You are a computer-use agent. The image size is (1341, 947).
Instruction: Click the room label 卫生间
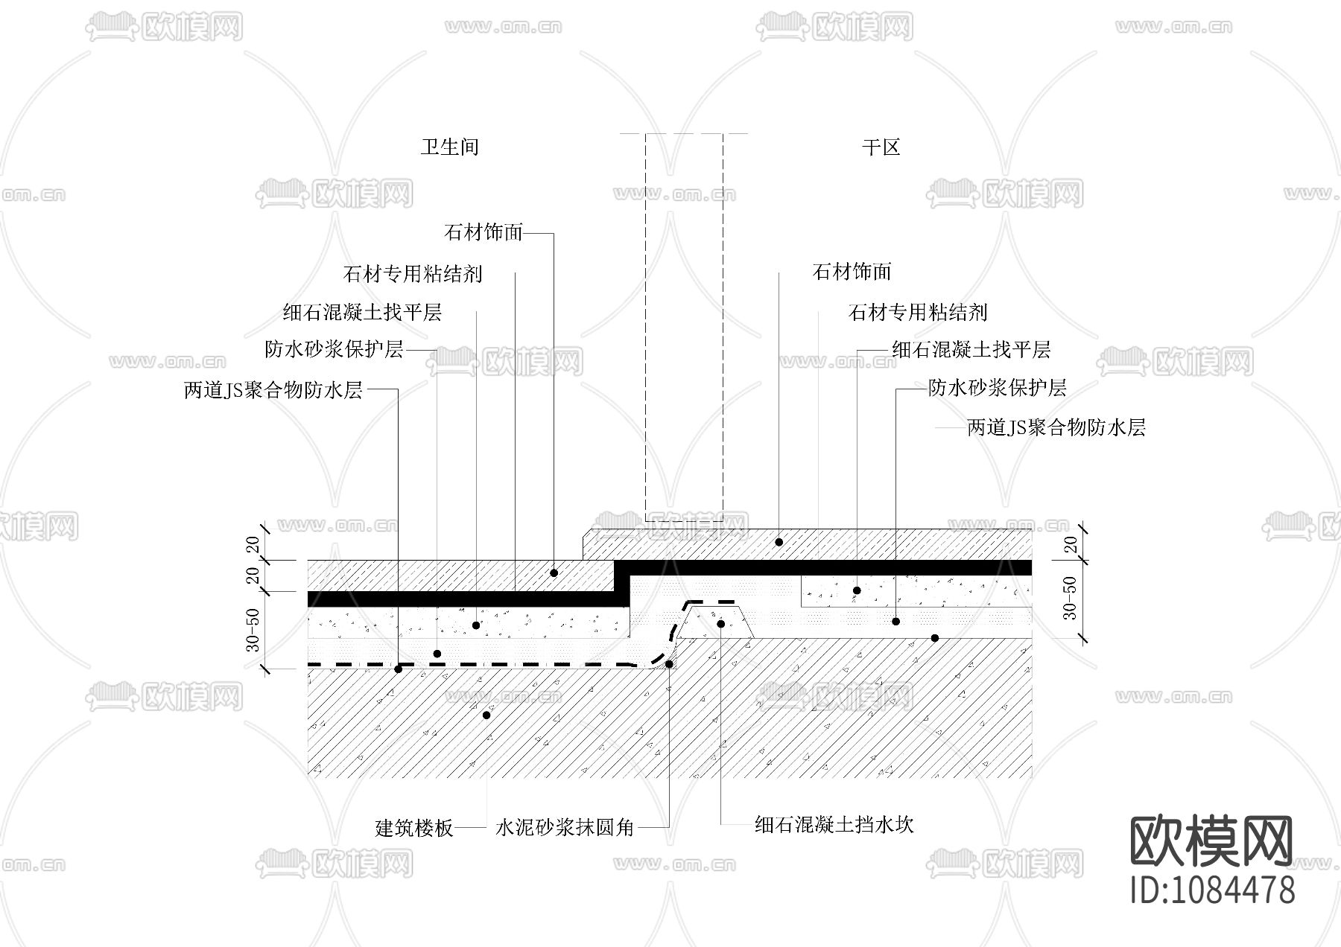pyautogui.click(x=449, y=147)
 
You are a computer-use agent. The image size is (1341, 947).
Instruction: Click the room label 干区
pyautogui.click(x=881, y=147)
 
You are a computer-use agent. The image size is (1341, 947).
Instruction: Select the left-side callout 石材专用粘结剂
pyautogui.click(x=413, y=274)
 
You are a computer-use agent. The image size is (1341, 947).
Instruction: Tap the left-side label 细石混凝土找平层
pyautogui.click(x=362, y=312)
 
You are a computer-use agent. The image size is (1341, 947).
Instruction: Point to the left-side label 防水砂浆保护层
pyautogui.click(x=334, y=349)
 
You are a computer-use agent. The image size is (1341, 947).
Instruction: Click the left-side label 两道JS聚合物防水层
pyautogui.click(x=273, y=390)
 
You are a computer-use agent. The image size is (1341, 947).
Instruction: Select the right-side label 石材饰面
pyautogui.click(x=852, y=272)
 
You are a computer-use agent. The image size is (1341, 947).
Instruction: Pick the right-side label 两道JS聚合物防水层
pyautogui.click(x=1056, y=427)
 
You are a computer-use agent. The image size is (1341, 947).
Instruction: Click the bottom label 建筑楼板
pyautogui.click(x=414, y=828)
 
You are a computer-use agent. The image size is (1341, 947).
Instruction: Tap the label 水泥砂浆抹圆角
pyautogui.click(x=565, y=827)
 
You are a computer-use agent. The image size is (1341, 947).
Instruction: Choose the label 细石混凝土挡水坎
pyautogui.click(x=834, y=824)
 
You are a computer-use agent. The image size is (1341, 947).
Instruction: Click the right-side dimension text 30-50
pyautogui.click(x=1070, y=598)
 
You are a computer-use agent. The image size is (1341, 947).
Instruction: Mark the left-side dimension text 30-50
pyautogui.click(x=253, y=630)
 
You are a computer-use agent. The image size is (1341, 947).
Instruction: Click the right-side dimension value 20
pyautogui.click(x=1071, y=544)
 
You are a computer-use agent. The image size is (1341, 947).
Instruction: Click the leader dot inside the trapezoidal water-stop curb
pyautogui.click(x=720, y=623)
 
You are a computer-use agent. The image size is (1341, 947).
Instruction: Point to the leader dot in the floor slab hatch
pyautogui.click(x=486, y=715)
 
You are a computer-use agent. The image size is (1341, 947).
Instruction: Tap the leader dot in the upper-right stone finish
pyautogui.click(x=779, y=542)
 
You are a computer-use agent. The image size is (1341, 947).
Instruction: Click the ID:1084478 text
pyautogui.click(x=1212, y=890)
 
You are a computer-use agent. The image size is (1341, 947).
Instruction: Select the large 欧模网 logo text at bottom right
pyautogui.click(x=1212, y=841)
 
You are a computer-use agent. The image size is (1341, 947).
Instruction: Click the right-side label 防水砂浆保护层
pyautogui.click(x=997, y=388)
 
